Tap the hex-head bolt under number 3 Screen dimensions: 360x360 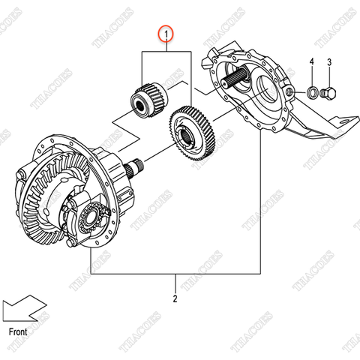pos(328,94)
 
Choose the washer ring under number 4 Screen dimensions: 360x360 pos(310,93)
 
